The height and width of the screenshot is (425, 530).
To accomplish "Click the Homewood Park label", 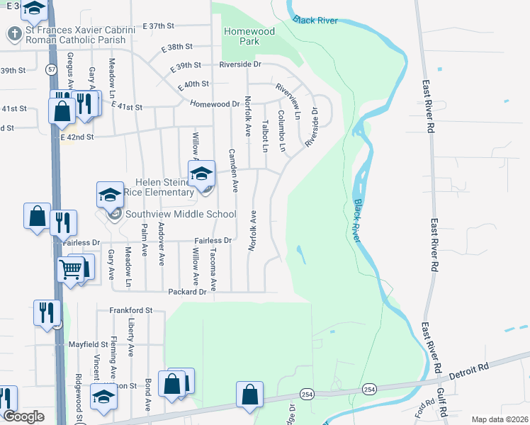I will [249, 36].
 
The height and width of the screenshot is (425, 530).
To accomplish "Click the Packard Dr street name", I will [187, 291].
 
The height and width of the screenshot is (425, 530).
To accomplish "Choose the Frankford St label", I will [131, 310].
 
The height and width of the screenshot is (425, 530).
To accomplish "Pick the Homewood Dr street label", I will [215, 103].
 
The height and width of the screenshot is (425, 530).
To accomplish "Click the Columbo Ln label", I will [281, 131].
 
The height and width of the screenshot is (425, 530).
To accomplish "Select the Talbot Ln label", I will [265, 136].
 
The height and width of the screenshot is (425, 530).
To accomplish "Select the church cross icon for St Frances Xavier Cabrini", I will [13, 33].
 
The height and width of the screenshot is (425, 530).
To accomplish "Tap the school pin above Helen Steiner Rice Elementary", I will [201, 173].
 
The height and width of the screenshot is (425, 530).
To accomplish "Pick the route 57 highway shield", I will [52, 70].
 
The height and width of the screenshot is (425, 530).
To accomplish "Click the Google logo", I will [24, 416].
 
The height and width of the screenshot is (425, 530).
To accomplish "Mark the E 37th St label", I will [158, 26].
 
